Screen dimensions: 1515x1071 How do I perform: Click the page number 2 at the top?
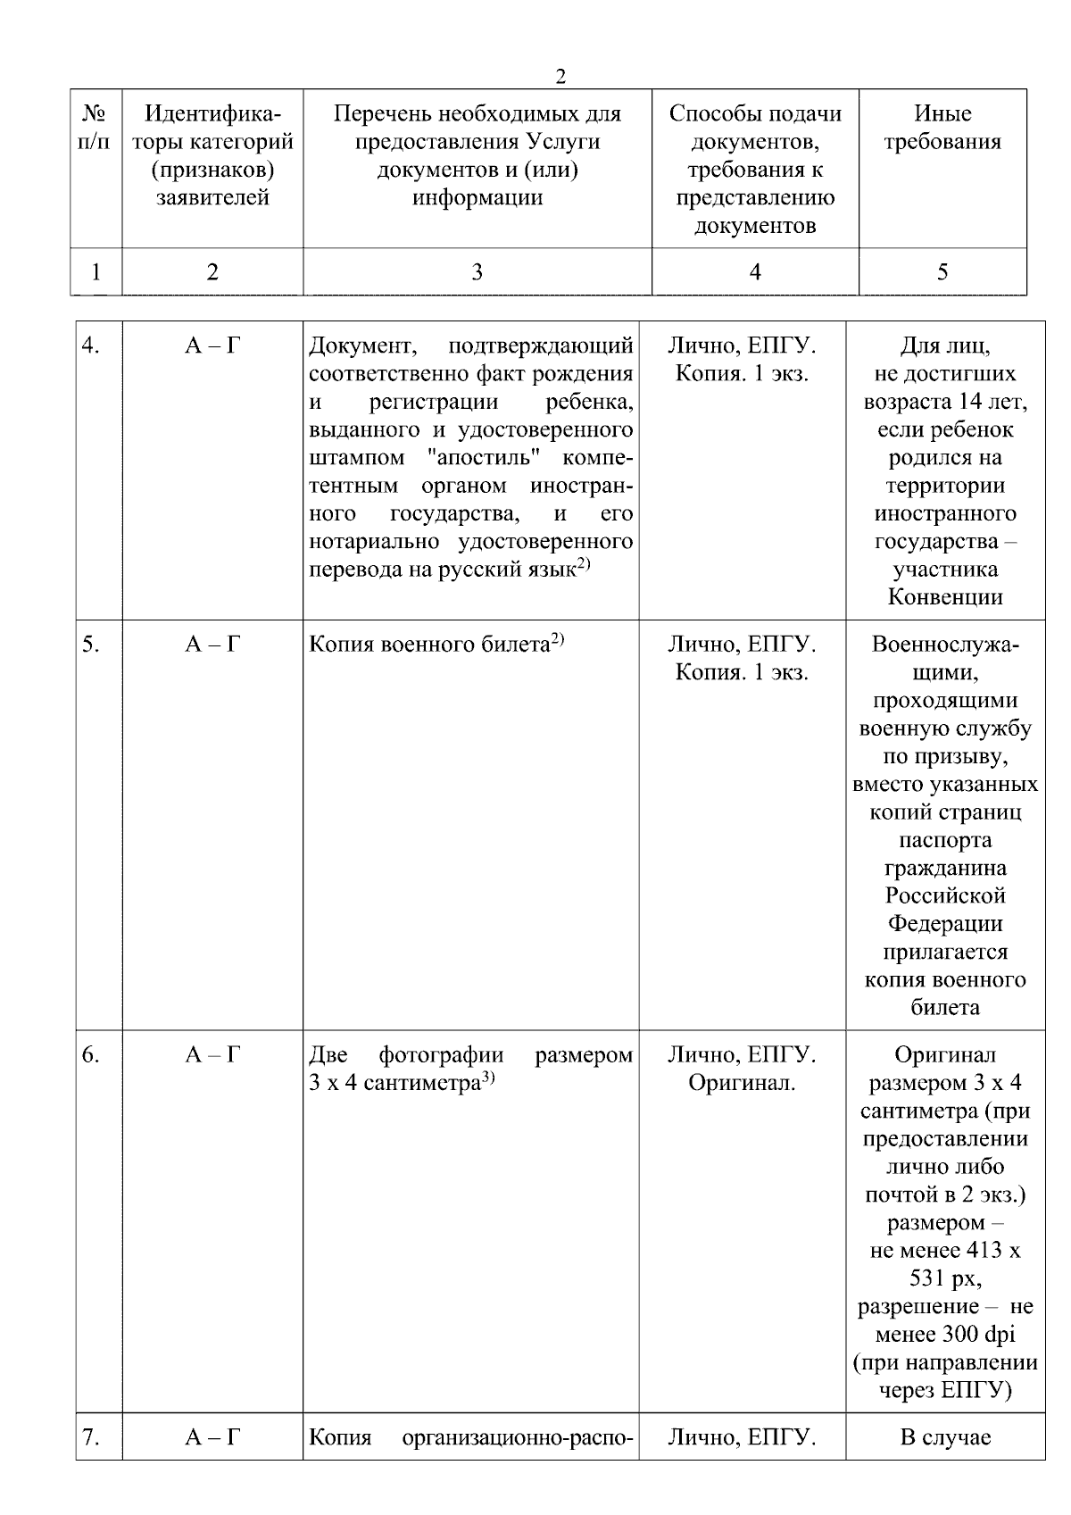coord(560,78)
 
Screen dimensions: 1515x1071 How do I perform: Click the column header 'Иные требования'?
coord(942,128)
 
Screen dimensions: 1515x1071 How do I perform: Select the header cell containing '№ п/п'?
coord(95,128)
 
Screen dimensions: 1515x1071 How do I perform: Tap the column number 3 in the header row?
coord(477,272)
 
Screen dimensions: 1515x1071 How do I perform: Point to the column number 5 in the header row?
coord(942,272)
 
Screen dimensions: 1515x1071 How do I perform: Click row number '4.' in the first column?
coord(90,345)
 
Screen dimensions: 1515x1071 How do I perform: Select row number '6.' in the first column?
coord(90,1055)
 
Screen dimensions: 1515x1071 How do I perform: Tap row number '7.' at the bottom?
coord(90,1437)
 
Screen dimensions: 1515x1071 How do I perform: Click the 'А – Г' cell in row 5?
coord(212,645)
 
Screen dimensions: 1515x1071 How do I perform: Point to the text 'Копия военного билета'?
coord(428,645)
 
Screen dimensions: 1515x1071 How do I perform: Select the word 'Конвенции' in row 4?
coord(945,597)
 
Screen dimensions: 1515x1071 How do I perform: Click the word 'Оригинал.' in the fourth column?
coord(742,1084)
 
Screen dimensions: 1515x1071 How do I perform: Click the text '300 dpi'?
coord(977,1335)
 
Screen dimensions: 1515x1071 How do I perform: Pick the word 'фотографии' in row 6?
coord(441,1055)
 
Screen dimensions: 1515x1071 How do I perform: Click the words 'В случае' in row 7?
coord(945,1437)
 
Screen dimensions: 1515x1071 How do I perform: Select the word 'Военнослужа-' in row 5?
coord(945,645)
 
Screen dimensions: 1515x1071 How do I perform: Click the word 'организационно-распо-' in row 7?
coord(518,1437)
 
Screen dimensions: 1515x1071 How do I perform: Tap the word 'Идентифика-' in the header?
coord(212,114)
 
